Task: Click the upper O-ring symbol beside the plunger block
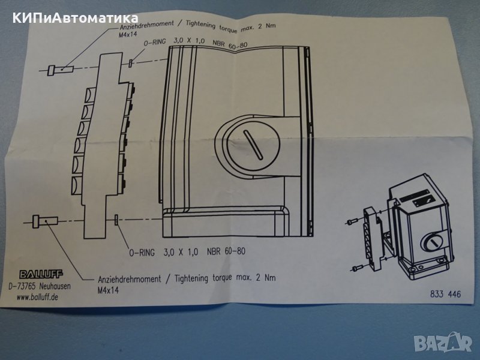[x=130, y=63]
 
